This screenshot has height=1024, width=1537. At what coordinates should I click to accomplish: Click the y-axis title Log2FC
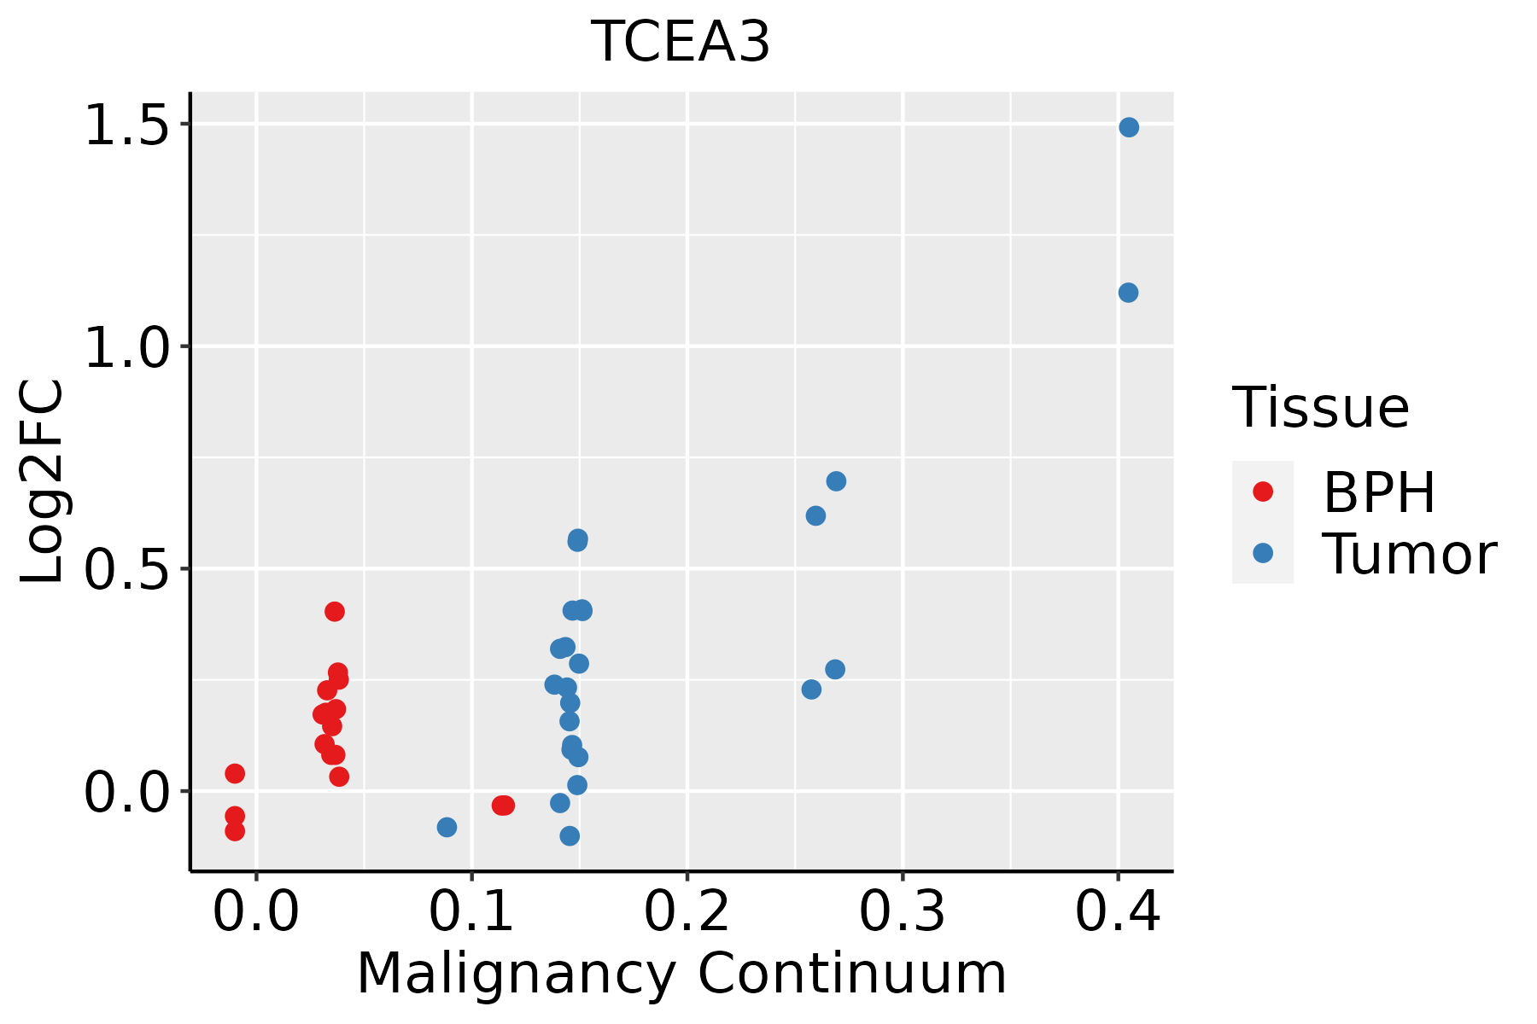pos(43,482)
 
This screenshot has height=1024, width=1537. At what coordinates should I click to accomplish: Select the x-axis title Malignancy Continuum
pos(681,974)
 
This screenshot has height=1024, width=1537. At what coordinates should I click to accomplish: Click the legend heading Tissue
pos(1321,408)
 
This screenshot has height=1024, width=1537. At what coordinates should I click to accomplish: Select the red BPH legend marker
pos(1262,492)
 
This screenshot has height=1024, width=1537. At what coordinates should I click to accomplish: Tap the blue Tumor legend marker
pos(1262,553)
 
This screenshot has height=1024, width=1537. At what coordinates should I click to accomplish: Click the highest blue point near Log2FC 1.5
pos(1129,127)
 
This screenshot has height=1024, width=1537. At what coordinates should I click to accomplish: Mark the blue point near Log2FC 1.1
pos(1128,293)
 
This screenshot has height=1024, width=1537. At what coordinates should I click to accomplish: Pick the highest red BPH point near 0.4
pos(335,611)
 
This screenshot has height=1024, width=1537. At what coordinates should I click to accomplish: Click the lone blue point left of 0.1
pos(447,827)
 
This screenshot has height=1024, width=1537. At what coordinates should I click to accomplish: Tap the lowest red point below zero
pos(235,831)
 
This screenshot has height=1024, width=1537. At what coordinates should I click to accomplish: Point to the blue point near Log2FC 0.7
pos(836,481)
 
